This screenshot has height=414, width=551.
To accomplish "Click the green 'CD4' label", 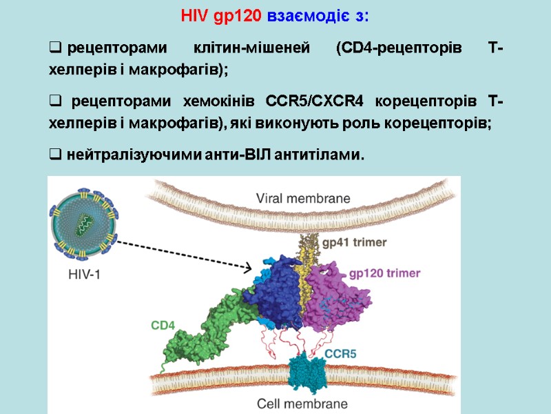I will tap(163, 324).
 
